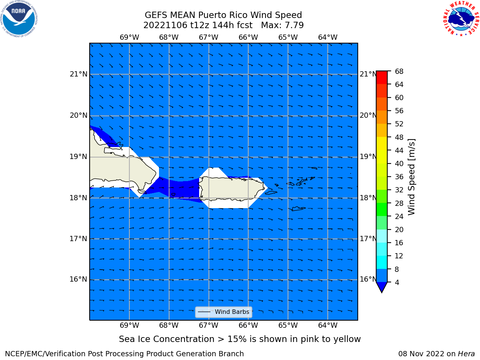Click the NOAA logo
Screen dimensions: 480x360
[x=19, y=19]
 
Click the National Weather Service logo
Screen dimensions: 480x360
[x=461, y=19]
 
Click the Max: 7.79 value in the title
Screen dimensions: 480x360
[x=282, y=25]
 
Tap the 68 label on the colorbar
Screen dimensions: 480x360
[x=399, y=72]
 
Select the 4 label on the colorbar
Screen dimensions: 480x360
[x=397, y=282]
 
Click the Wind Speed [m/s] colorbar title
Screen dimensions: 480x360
[x=411, y=177]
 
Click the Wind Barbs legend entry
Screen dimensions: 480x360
[x=223, y=312]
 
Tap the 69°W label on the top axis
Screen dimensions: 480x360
[x=129, y=37]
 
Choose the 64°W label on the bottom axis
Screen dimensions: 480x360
[x=328, y=325]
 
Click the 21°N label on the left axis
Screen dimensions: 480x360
[x=78, y=74]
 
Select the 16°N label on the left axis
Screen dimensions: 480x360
[x=78, y=279]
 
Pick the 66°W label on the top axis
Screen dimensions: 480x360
[x=248, y=37]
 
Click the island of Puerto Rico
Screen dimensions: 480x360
[x=232, y=189]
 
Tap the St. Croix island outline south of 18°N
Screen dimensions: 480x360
[x=298, y=209]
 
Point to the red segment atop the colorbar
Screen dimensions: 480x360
[x=382, y=78]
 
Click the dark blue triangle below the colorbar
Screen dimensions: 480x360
[x=382, y=286]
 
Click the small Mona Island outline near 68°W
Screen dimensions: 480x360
[x=173, y=195]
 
